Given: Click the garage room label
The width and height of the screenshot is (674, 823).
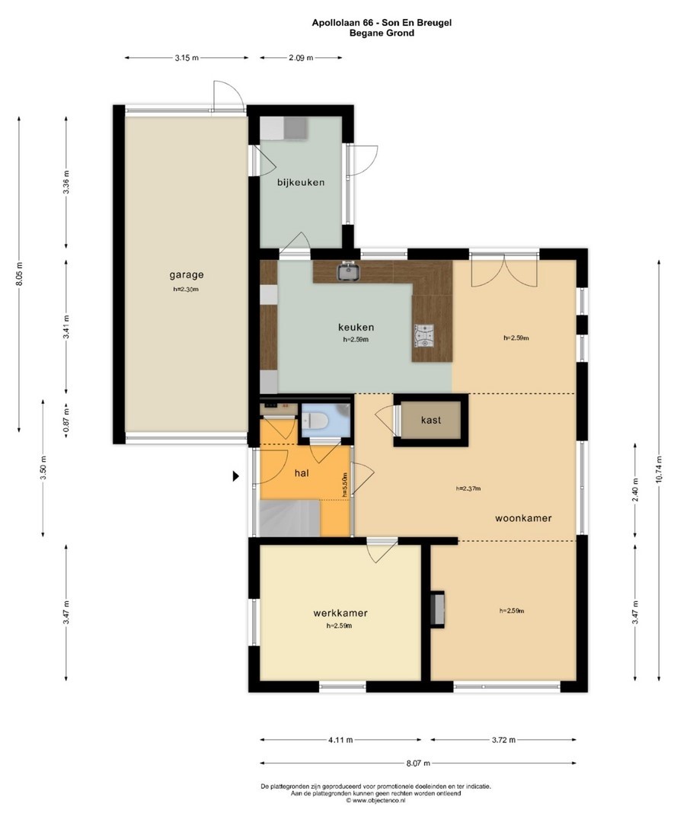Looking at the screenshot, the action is click(186, 274).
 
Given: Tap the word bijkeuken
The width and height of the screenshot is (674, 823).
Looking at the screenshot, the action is click(301, 183).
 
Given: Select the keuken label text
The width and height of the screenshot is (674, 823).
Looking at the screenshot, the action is click(356, 328).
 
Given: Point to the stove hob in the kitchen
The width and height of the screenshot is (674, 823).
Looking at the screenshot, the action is click(424, 337).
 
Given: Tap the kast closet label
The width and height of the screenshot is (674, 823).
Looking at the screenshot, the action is click(430, 420).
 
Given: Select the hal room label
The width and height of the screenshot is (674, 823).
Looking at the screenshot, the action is click(302, 473).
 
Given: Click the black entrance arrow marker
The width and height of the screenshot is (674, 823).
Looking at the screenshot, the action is click(236, 476).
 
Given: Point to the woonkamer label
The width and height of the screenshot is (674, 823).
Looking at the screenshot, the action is click(523, 519).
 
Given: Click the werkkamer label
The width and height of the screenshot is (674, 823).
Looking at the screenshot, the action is click(340, 613).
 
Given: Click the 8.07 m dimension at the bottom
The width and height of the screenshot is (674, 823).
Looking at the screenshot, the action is click(418, 763).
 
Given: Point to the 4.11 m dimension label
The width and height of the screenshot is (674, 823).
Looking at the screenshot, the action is click(340, 740).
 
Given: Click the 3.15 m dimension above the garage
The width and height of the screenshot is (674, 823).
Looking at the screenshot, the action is click(187, 58).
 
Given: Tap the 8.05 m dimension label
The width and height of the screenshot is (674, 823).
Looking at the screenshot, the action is click(19, 274).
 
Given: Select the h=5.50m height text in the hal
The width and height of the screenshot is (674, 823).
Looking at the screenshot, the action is click(344, 485).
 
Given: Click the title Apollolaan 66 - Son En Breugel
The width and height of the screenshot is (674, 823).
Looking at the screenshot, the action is click(382, 23).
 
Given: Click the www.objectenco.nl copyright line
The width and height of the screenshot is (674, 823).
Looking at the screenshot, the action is click(375, 800).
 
